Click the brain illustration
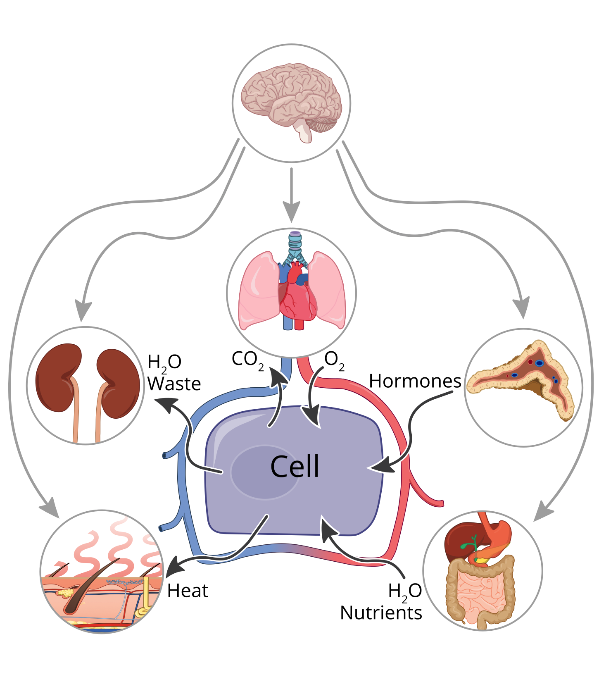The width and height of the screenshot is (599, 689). tap(289, 95)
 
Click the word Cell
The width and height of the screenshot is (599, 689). tap(295, 467)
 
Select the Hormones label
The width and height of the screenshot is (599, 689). tap(415, 381)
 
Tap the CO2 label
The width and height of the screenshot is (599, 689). tap(247, 360)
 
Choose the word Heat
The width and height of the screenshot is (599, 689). tap(188, 591)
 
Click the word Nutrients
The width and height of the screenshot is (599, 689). tap(381, 613)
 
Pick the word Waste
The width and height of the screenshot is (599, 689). tap(174, 384)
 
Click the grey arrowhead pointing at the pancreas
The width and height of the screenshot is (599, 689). tap(522, 308)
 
